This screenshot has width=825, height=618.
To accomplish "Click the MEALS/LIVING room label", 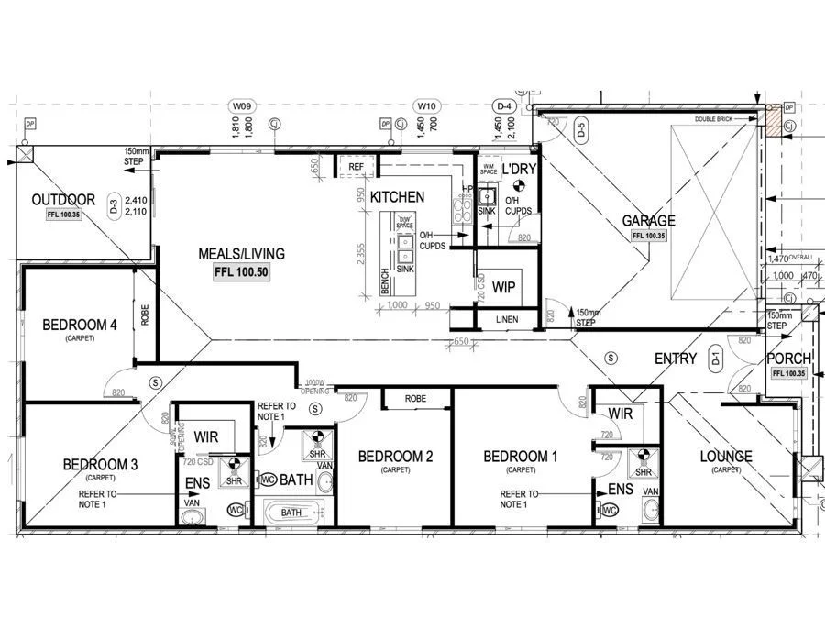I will pos(242,254).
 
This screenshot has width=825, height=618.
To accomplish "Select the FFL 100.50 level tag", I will pos(242,272).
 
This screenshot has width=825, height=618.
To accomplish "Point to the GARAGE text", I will pos(649,221).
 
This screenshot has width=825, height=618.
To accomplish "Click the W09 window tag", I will pos(240,107).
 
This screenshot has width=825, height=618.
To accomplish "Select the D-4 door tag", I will pos(503,107).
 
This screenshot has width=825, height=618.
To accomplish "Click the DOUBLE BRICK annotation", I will pos(716,119).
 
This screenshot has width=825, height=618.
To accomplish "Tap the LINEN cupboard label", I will pos(507,319).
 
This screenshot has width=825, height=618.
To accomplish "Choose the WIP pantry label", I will pos(503,287).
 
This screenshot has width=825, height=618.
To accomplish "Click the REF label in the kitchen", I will pos(357,166).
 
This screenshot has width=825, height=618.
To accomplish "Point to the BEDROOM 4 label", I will pos(80,325).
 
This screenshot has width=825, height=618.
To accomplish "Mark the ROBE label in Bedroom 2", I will pos(416,399).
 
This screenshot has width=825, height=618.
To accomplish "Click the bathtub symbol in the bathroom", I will pos(291,513).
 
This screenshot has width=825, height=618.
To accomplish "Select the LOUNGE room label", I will pos(725,456).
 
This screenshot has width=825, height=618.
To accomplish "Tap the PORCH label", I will pos(787,359).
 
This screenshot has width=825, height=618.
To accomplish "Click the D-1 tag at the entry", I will pos(718,360).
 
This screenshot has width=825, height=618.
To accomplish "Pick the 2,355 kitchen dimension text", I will pos(363,253).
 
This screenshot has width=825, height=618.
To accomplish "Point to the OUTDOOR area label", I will pos(63,200).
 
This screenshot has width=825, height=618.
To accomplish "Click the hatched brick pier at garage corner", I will pos(775,121).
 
